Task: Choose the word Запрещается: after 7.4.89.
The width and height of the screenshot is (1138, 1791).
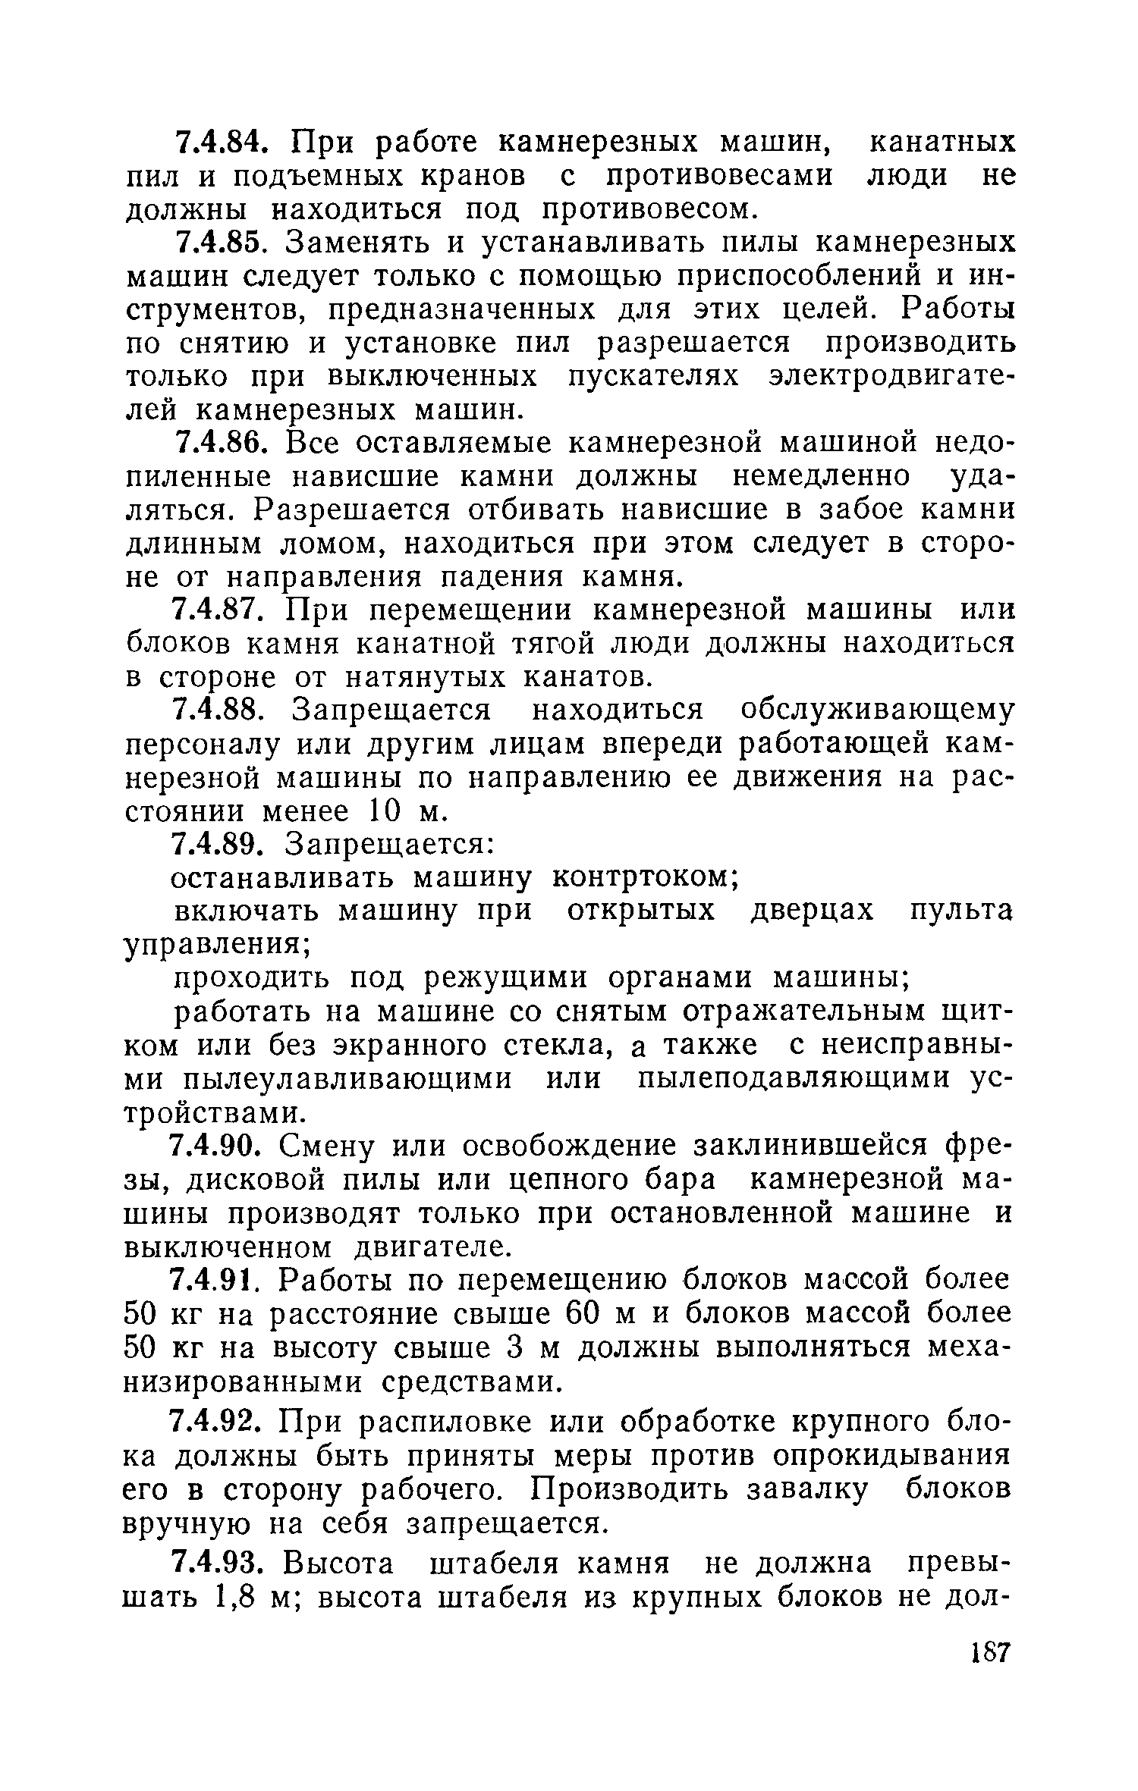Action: pos(389,844)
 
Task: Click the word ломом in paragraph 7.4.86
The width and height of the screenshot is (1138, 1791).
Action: pos(334,544)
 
